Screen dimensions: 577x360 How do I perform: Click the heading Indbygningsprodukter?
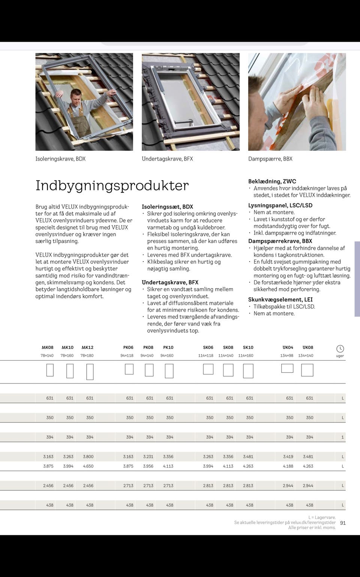click(x=112, y=186)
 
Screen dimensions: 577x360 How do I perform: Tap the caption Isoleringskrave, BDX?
click(x=60, y=159)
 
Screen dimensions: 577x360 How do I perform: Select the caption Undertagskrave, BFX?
click(x=167, y=159)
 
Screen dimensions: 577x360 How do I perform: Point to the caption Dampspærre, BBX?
click(x=270, y=159)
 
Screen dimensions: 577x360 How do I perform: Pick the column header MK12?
click(x=87, y=347)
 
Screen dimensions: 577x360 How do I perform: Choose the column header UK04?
click(x=288, y=347)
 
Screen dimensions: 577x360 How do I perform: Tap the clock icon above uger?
click(x=340, y=349)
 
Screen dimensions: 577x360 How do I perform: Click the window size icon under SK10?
click(x=248, y=371)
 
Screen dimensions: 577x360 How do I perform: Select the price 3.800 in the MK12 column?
click(x=88, y=457)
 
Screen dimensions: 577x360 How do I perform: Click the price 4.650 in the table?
click(x=88, y=466)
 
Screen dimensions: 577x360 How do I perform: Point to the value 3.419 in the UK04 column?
click(x=288, y=457)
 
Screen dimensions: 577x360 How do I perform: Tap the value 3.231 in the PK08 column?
click(x=148, y=457)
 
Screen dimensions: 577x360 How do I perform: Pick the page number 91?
click(x=343, y=523)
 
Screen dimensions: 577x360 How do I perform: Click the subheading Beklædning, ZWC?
click(x=272, y=181)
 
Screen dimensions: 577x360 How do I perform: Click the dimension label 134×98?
click(x=286, y=356)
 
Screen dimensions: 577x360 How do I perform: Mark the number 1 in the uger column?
click(x=342, y=437)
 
